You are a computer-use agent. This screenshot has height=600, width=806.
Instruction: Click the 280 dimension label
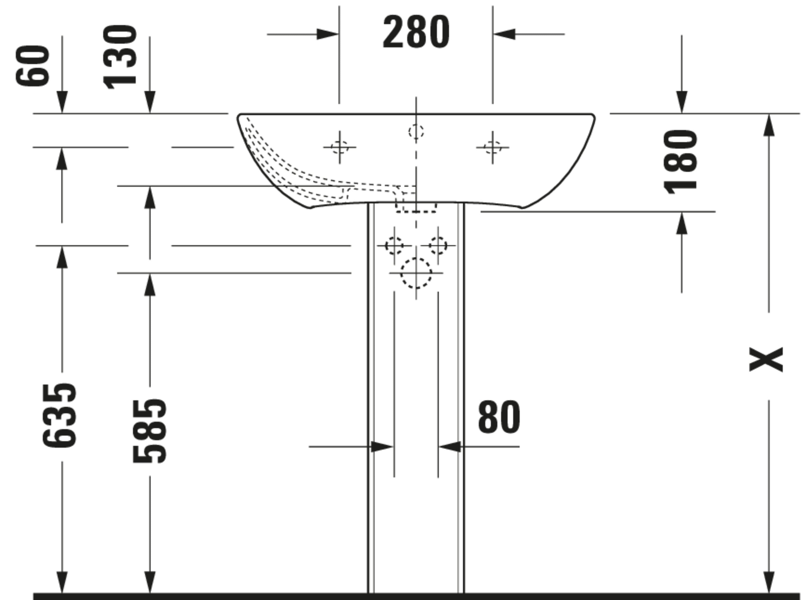click(416, 32)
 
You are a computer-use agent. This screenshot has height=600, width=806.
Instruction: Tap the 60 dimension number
click(32, 66)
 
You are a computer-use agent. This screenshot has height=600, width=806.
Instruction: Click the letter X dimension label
click(766, 359)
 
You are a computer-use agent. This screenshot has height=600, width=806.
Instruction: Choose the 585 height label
click(149, 431)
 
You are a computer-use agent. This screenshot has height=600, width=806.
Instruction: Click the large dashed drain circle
click(416, 273)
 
